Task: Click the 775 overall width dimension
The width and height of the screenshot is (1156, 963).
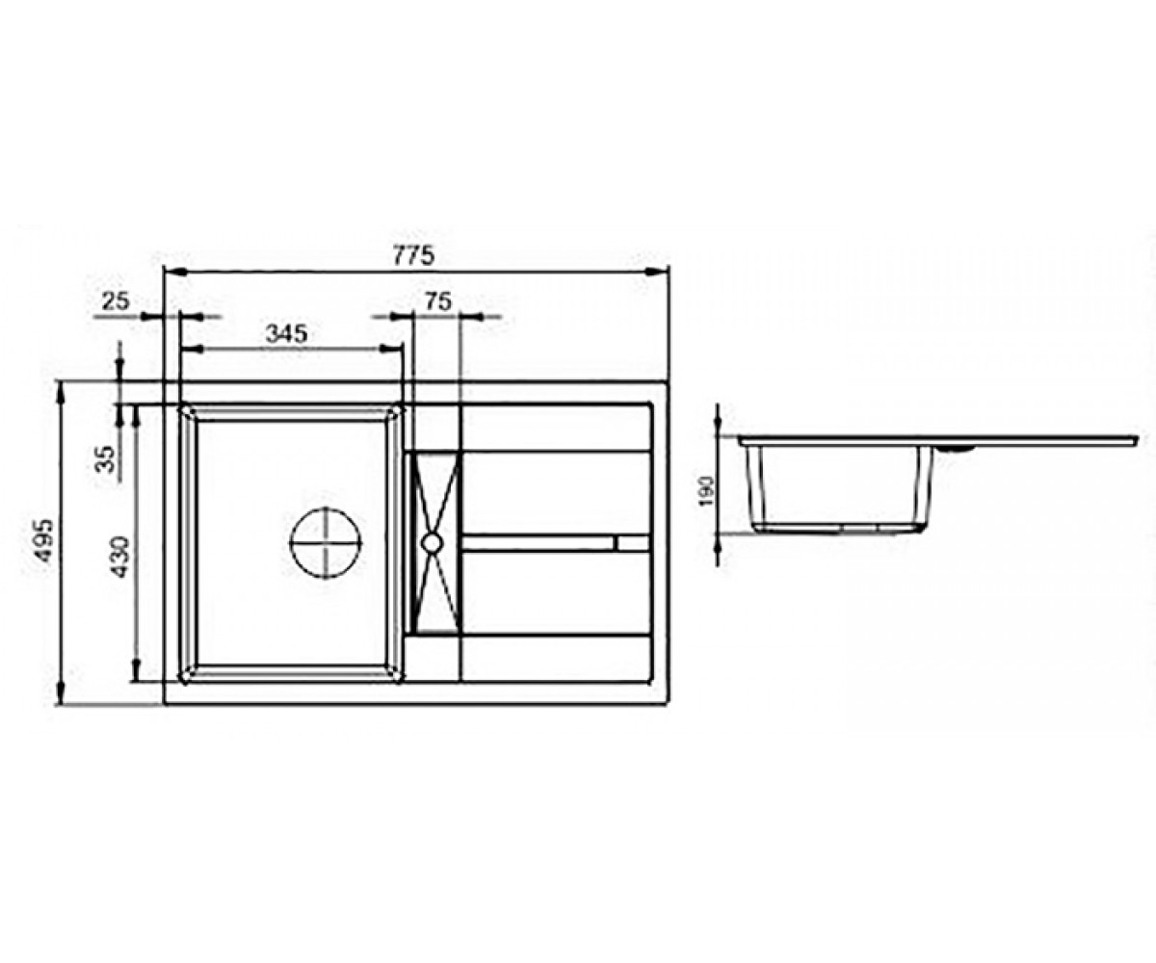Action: tap(414, 256)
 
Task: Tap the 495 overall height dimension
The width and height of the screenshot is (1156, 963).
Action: tap(42, 540)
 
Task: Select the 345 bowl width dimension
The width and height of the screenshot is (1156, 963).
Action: tap(286, 333)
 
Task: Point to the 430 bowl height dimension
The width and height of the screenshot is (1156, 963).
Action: tap(120, 557)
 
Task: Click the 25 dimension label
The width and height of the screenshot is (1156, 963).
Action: tap(116, 301)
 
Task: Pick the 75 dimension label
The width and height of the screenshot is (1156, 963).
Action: tap(438, 301)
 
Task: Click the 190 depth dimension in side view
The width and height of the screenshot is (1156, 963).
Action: tap(707, 491)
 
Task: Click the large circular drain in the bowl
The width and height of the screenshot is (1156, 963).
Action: tap(326, 542)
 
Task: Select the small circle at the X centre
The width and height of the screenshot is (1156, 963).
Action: tap(432, 542)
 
